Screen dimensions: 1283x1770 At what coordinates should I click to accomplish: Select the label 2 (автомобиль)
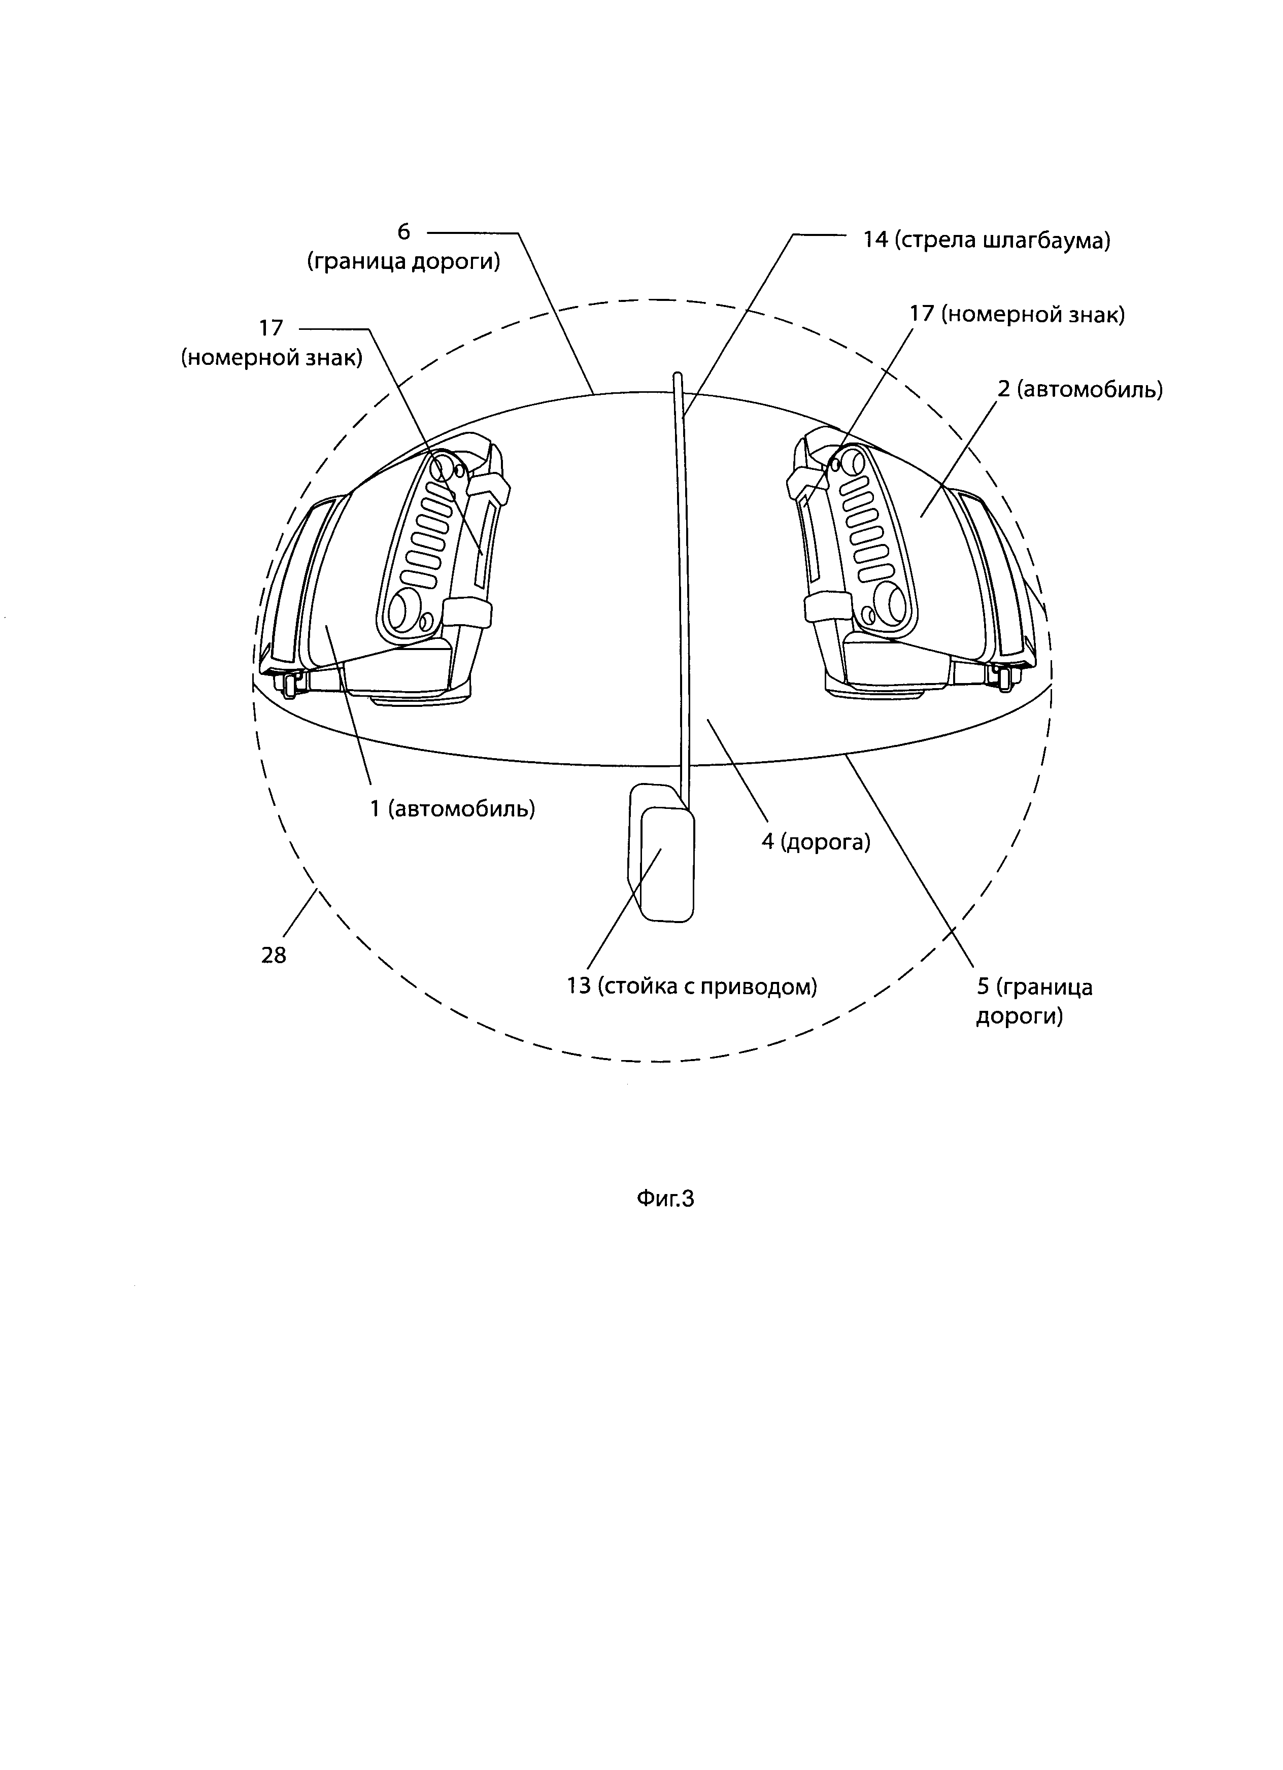(1080, 389)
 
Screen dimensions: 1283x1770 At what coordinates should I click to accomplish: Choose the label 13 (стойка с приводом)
(691, 986)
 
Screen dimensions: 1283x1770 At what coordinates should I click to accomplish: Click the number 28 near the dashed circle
(274, 955)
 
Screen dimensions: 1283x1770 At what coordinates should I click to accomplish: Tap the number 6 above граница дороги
(403, 232)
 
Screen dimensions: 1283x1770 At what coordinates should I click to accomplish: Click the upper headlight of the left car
(445, 467)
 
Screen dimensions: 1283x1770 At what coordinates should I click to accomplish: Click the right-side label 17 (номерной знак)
(1017, 315)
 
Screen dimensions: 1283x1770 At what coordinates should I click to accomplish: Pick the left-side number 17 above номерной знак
(271, 328)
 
